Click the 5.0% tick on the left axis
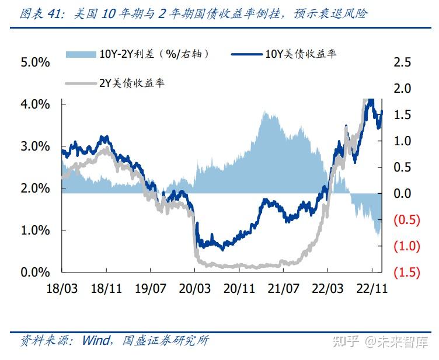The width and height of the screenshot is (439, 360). pyautogui.click(x=35, y=62)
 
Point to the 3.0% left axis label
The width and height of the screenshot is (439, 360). pyautogui.click(x=35, y=146)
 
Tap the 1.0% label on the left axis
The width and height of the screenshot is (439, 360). pyautogui.click(x=35, y=230)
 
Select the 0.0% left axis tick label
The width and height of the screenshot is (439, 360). pyautogui.click(x=35, y=272)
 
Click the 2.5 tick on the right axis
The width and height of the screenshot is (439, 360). pyautogui.click(x=403, y=62)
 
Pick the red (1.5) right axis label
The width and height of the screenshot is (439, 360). pyautogui.click(x=407, y=272)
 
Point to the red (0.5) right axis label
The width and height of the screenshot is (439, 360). pyautogui.click(x=407, y=220)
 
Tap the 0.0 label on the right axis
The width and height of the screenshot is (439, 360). pyautogui.click(x=403, y=194)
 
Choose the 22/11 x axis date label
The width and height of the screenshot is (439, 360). pyautogui.click(x=372, y=288)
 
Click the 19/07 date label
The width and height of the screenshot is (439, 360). pyautogui.click(x=150, y=288)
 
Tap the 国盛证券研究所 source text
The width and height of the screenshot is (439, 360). pyautogui.click(x=166, y=341)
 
